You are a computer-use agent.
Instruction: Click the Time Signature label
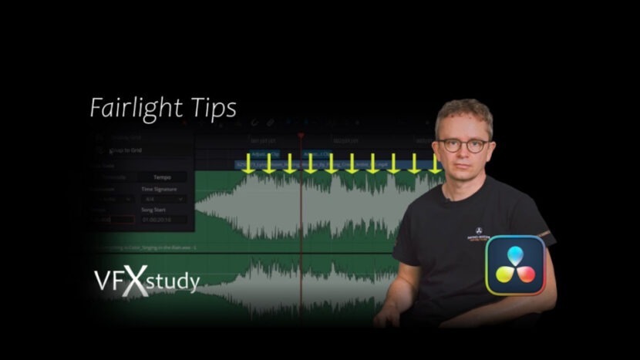pos(159,189)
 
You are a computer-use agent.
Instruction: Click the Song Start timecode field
pos(164,220)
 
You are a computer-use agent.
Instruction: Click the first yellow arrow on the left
pos(248,163)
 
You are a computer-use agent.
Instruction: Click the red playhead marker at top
pos(301,136)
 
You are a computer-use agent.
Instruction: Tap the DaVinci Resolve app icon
pos(515,265)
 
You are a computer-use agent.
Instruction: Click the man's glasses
pos(464,144)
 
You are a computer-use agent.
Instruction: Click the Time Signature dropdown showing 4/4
pos(164,199)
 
